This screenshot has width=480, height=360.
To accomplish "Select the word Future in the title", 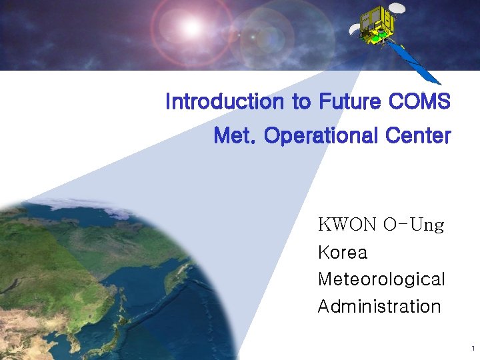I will click(349, 102).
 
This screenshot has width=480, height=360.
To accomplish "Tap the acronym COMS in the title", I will click(418, 102).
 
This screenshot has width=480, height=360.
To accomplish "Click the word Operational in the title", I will click(311, 136).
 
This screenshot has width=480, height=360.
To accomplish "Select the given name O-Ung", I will click(413, 225).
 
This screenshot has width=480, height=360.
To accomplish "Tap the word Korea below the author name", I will click(343, 253).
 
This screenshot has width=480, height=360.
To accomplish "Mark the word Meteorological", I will click(381, 279).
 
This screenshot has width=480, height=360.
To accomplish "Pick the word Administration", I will click(379, 307).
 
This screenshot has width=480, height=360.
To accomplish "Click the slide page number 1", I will click(472, 349).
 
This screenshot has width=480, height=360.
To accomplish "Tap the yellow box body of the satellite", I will click(377, 27).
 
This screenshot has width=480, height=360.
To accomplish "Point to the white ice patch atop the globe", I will click(40, 210).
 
